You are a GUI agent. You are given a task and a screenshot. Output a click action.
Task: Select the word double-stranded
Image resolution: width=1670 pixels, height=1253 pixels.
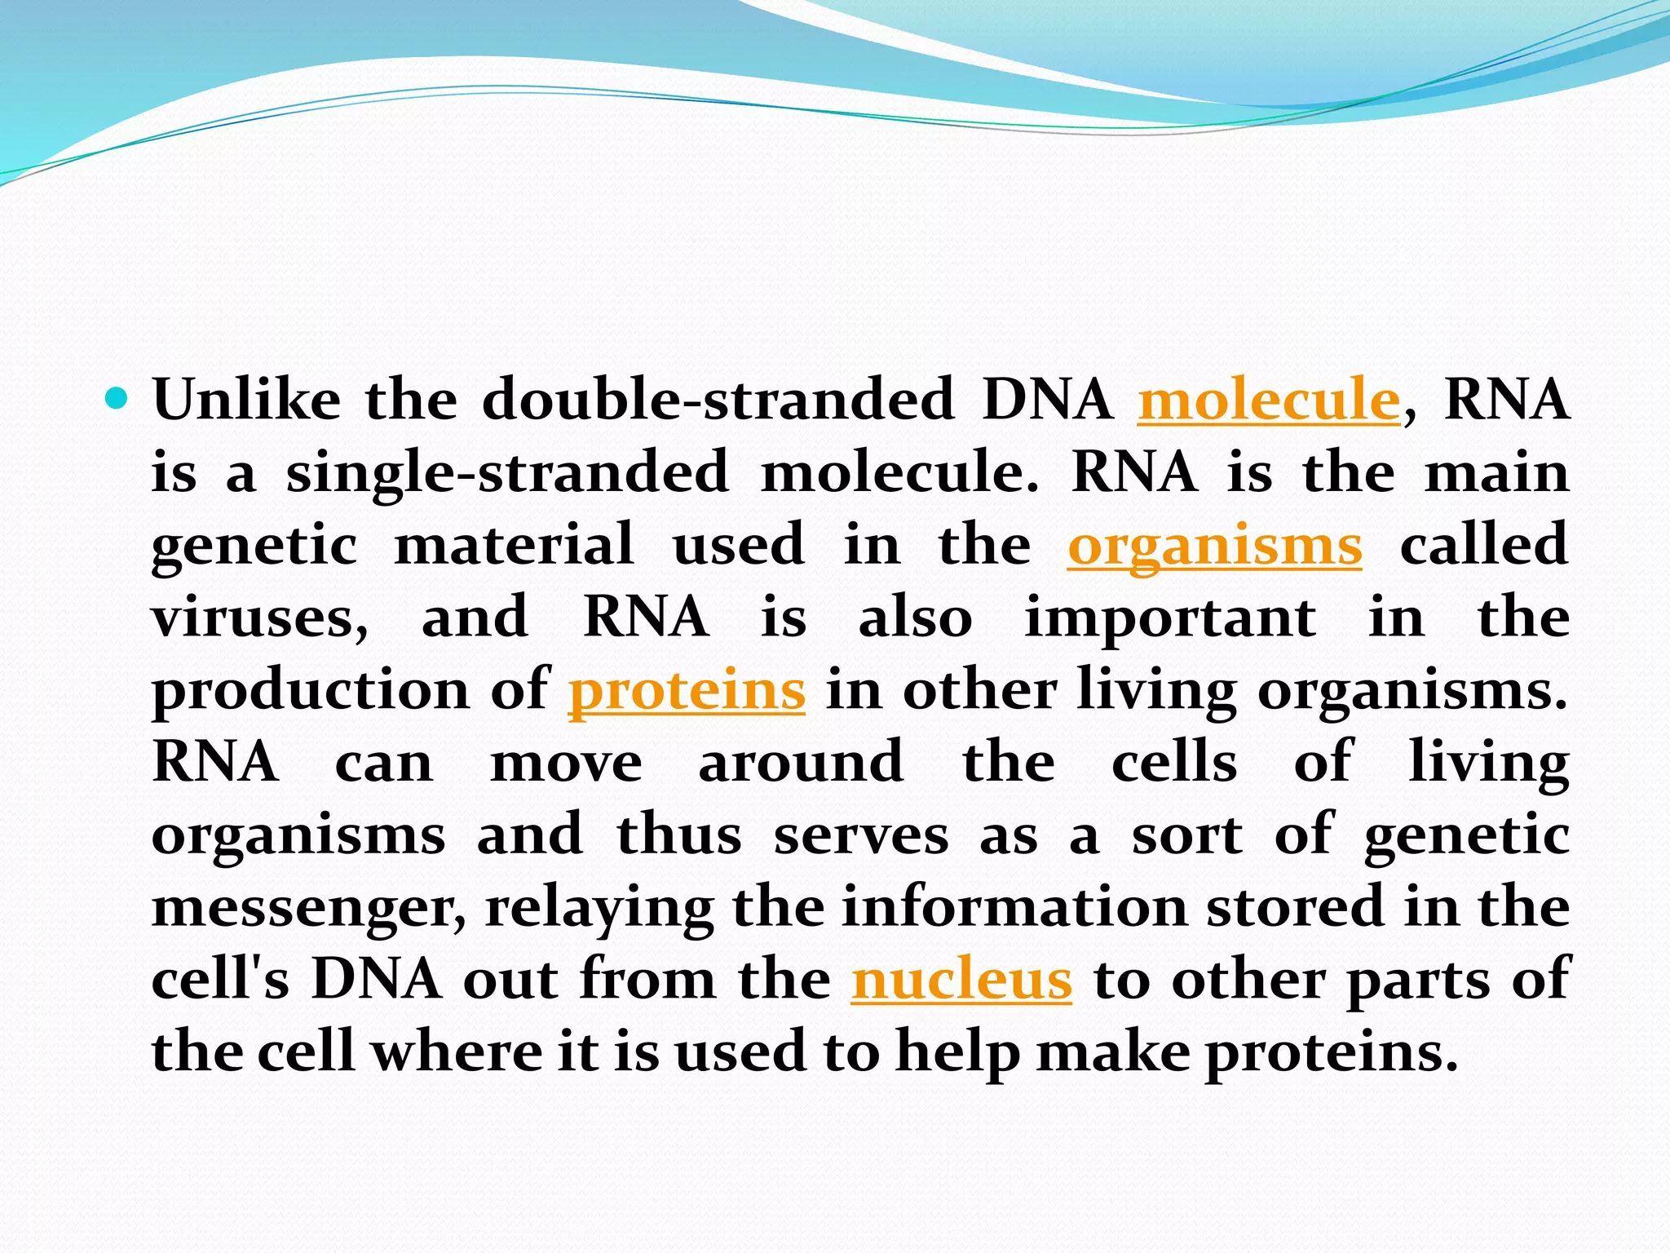pyautogui.click(x=718, y=400)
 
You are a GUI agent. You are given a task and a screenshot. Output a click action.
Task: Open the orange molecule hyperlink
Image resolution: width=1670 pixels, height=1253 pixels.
pyautogui.click(x=1269, y=400)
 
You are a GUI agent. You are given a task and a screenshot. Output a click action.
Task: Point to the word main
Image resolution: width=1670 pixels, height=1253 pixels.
pyautogui.click(x=1496, y=473)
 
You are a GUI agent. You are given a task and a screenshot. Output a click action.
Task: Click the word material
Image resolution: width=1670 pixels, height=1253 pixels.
pyautogui.click(x=514, y=544)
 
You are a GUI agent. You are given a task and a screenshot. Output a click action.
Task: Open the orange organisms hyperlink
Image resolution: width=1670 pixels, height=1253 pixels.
pyautogui.click(x=1214, y=546)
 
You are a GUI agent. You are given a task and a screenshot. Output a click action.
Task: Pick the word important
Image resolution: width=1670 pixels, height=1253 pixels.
pyautogui.click(x=1169, y=618)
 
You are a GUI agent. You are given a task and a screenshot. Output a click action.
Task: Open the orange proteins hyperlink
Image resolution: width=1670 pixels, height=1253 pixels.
pyautogui.click(x=687, y=690)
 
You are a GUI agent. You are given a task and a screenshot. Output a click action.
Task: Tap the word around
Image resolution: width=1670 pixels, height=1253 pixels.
pyautogui.click(x=801, y=762)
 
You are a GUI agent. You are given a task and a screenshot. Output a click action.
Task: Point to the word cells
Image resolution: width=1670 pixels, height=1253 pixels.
pyautogui.click(x=1174, y=762)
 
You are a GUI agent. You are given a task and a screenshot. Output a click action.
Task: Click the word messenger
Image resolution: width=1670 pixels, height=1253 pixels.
pyautogui.click(x=308, y=908)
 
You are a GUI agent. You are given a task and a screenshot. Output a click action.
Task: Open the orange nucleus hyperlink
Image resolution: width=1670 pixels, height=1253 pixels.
pyautogui.click(x=961, y=979)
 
